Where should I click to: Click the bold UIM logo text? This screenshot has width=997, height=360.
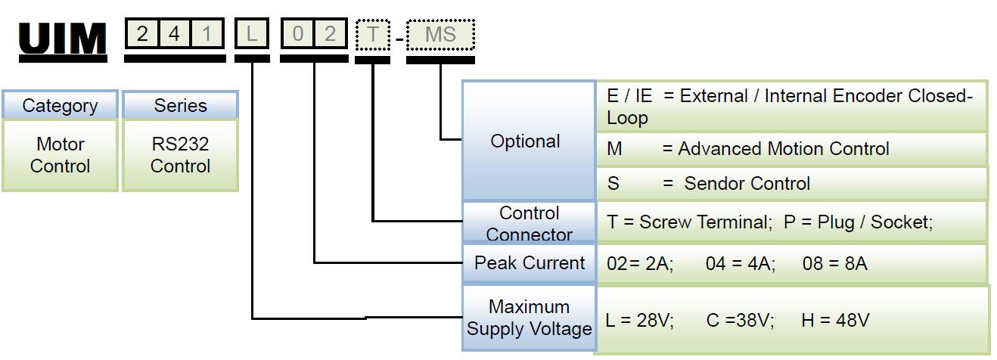[63, 39]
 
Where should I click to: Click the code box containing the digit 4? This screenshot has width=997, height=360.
[174, 35]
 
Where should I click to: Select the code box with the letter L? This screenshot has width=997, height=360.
[251, 35]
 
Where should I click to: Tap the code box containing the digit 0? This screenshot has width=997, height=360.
[297, 35]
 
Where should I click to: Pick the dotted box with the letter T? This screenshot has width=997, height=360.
[372, 35]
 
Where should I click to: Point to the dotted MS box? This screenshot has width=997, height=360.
[440, 35]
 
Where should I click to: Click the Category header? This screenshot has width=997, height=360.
[60, 105]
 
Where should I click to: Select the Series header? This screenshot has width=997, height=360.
[180, 105]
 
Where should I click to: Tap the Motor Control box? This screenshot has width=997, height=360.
[60, 155]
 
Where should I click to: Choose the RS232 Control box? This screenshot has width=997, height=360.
[180, 155]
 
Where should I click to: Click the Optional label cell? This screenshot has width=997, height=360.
[526, 141]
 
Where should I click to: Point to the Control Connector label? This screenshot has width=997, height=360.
[529, 223]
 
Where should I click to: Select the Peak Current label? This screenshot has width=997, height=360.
[530, 263]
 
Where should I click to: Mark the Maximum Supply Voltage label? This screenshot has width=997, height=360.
[529, 318]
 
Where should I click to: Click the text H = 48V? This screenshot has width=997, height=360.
[835, 321]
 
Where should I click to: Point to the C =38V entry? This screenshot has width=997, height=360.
[740, 321]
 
